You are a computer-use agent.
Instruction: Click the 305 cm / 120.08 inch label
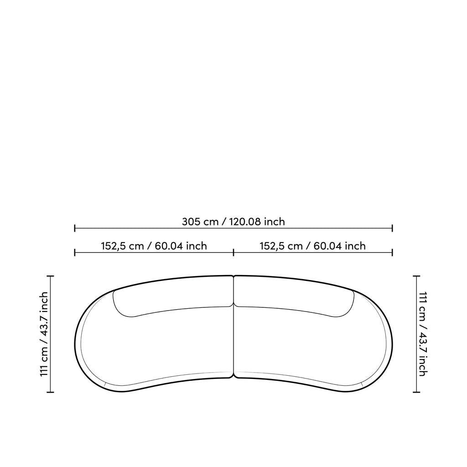(233, 222)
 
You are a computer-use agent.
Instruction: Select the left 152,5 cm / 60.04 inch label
(154, 246)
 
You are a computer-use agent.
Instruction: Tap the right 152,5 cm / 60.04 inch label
(313, 246)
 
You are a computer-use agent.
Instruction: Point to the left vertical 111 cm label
(44, 334)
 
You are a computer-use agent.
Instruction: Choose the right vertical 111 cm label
(423, 334)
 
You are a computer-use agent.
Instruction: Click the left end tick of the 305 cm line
(74, 228)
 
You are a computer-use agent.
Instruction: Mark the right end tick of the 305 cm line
(392, 228)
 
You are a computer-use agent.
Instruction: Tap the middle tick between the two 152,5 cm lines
(233, 253)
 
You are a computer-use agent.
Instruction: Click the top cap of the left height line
(50, 276)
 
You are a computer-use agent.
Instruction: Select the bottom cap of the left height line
(50, 392)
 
